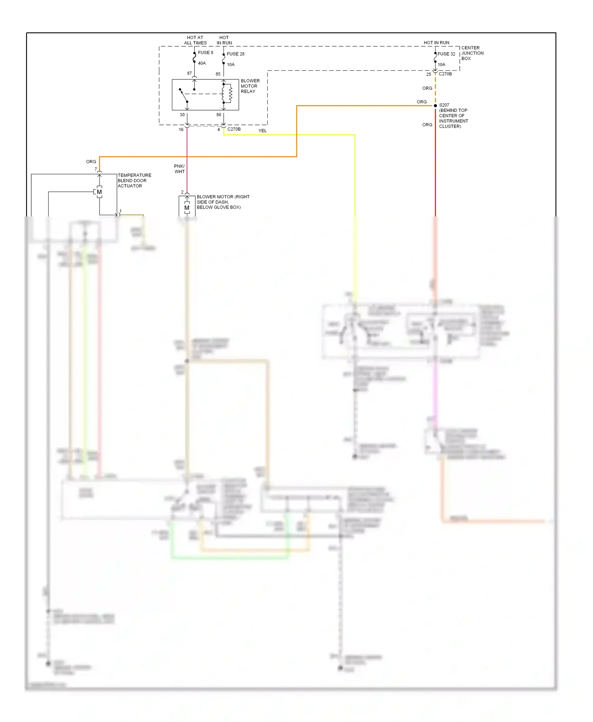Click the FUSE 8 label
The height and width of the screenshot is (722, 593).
[205, 53]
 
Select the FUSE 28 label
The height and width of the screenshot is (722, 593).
[235, 54]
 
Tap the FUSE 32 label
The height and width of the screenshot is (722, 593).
[446, 54]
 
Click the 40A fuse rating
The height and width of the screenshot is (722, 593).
[202, 63]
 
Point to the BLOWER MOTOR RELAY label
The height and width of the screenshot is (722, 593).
[250, 86]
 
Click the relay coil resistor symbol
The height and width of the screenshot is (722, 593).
[230, 93]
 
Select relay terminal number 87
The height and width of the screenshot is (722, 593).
[189, 73]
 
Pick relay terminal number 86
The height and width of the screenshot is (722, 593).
[219, 115]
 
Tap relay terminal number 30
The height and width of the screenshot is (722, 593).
[182, 115]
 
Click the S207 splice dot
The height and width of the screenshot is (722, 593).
[435, 106]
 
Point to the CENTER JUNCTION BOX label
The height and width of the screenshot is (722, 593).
[472, 53]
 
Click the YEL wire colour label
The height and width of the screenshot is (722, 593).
[263, 131]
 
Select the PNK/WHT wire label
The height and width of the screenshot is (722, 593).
[179, 169]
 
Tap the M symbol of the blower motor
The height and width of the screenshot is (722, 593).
[187, 208]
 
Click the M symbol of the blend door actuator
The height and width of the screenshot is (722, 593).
[99, 192]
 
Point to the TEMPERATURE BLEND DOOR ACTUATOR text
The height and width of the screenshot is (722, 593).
[134, 180]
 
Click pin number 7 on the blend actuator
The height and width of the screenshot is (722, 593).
[96, 169]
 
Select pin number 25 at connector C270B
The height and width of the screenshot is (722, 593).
[429, 74]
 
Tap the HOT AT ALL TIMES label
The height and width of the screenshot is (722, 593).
[195, 40]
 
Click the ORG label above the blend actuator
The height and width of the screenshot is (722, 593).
[91, 162]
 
